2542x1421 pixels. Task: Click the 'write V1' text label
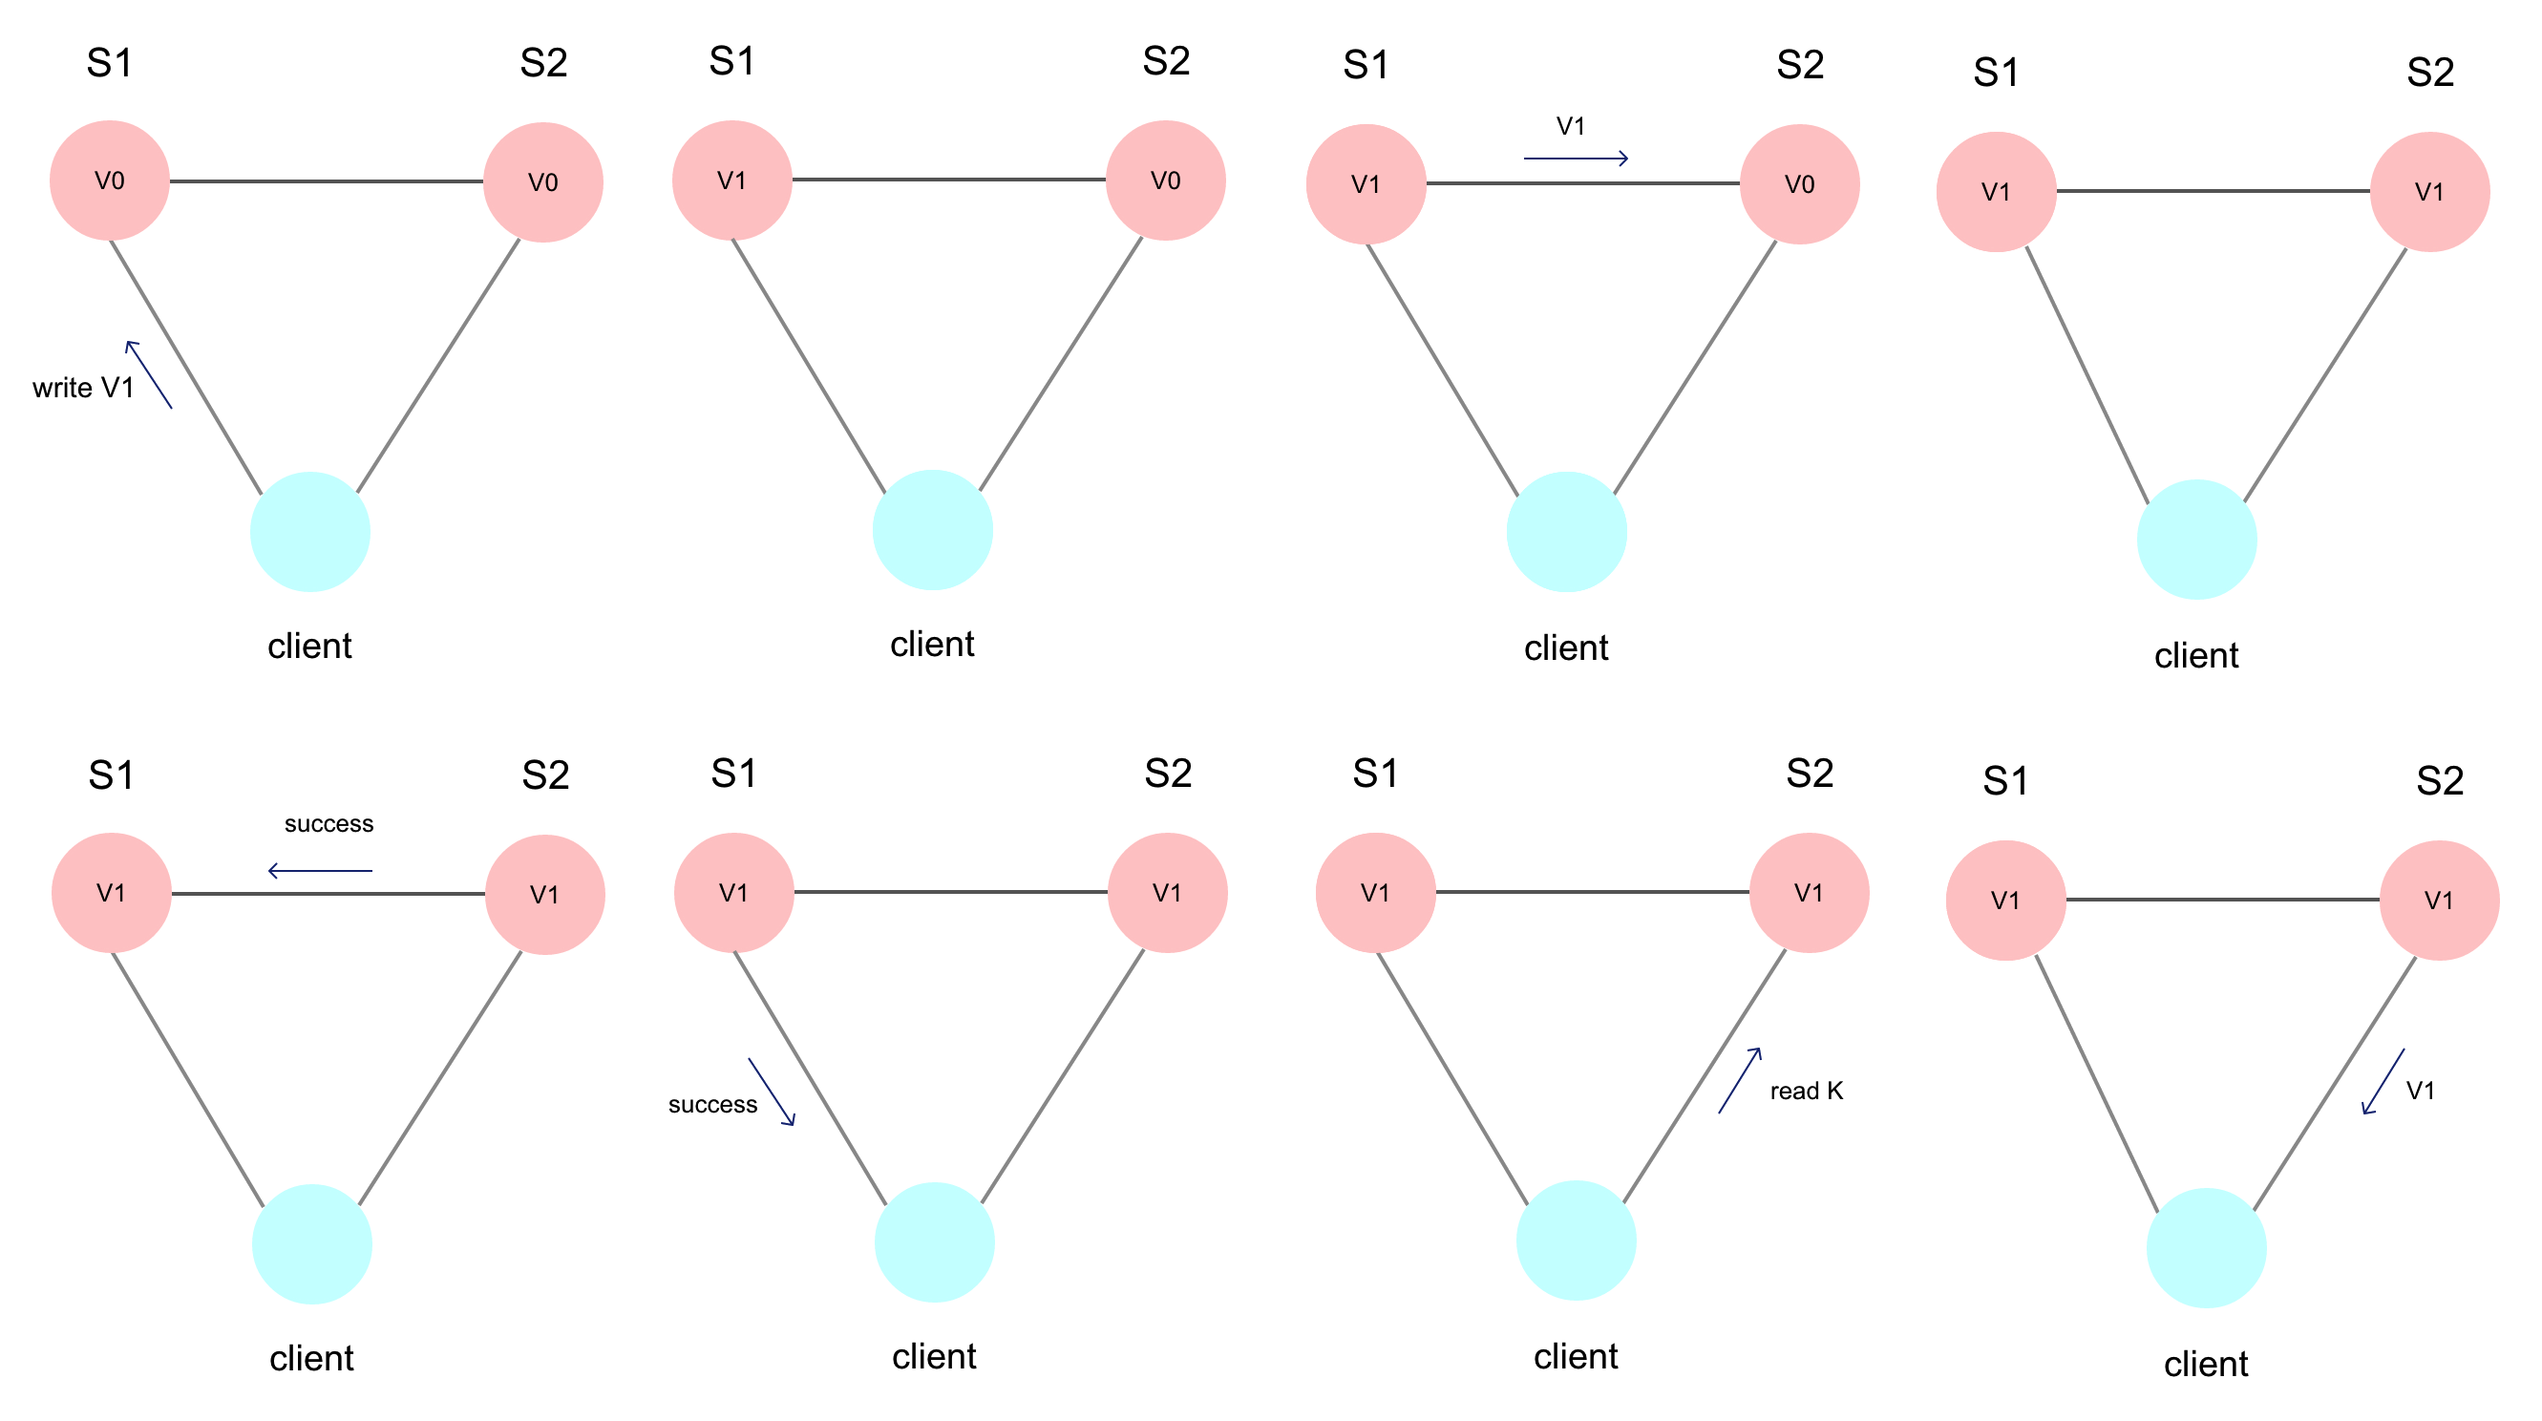[83, 388]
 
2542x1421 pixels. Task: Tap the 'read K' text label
[1806, 1091]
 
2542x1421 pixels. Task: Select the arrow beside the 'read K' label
[1740, 1081]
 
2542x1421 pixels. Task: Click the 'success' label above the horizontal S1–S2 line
[328, 824]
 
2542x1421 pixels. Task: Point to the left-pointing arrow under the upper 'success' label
[320, 870]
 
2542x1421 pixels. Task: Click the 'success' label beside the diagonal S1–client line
[712, 1104]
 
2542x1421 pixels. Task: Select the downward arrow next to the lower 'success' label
[772, 1092]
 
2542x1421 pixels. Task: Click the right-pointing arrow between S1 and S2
[1576, 158]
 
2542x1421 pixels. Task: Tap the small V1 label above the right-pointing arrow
[1570, 126]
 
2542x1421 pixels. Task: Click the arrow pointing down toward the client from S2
[2383, 1082]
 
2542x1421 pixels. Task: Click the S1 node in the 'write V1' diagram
[110, 180]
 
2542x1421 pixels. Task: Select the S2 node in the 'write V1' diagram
[542, 182]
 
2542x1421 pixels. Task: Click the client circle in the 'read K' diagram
[1576, 1240]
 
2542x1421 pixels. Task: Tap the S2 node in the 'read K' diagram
[1809, 892]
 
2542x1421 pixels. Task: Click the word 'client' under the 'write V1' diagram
[309, 647]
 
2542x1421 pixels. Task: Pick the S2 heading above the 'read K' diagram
[1809, 773]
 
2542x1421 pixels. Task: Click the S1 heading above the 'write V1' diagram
[110, 63]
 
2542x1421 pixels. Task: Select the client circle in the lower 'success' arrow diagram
[934, 1241]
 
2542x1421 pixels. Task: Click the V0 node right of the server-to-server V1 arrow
[1799, 184]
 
